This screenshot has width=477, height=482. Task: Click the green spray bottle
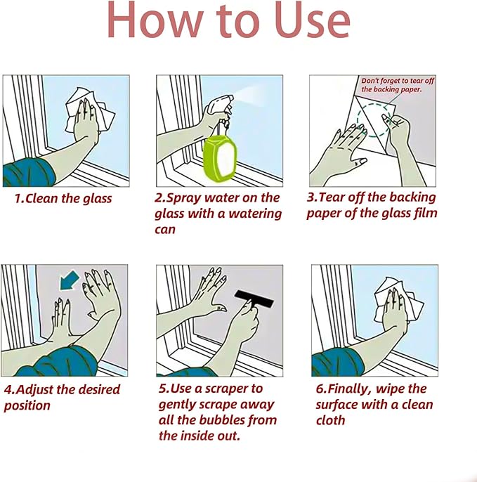click(x=221, y=159)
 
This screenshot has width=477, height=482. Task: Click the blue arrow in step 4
click(x=69, y=280)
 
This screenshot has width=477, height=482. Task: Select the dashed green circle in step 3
click(x=374, y=120)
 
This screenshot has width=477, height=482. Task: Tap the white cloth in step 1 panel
click(x=90, y=110)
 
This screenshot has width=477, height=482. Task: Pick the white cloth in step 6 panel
click(x=398, y=300)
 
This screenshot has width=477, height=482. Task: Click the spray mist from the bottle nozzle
click(x=249, y=96)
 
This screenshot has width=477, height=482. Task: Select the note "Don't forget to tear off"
click(x=398, y=81)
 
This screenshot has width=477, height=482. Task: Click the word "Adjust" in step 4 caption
click(x=34, y=390)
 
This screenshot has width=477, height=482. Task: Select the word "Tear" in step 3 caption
click(x=330, y=197)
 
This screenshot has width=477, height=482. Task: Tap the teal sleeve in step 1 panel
click(x=28, y=172)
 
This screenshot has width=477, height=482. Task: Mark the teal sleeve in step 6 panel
click(x=337, y=363)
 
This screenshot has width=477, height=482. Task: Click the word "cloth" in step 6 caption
click(x=330, y=420)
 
